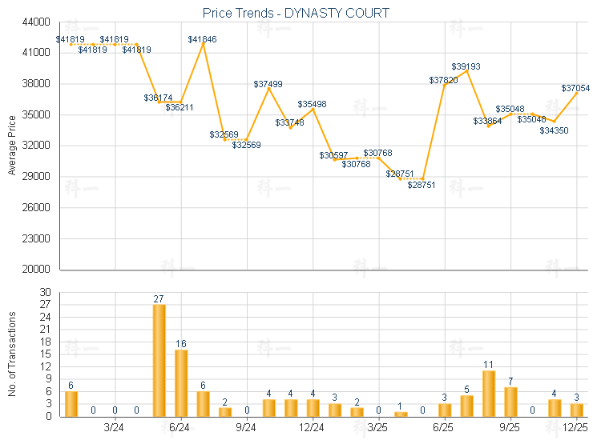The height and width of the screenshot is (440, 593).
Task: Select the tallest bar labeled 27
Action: coord(159,360)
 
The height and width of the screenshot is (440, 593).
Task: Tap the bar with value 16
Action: coord(181,382)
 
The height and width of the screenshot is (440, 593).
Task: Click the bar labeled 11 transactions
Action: coord(489,393)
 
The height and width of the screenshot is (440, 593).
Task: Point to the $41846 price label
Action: coord(202,38)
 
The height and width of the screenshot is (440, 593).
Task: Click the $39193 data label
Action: coord(466,66)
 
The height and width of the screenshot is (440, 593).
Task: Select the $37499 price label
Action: coord(268,84)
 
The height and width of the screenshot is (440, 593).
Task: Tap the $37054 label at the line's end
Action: coord(575,88)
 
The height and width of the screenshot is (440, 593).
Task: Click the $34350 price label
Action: coord(554,130)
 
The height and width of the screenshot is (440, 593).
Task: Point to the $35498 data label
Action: coord(312,104)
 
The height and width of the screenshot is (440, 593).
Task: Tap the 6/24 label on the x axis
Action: coord(180,428)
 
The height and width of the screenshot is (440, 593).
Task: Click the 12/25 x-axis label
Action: coord(575,428)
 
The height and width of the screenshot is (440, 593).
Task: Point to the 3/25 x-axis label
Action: coord(377,428)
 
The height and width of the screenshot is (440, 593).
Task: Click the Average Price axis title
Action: coord(12,145)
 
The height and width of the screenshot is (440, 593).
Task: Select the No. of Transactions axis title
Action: coord(12,354)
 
